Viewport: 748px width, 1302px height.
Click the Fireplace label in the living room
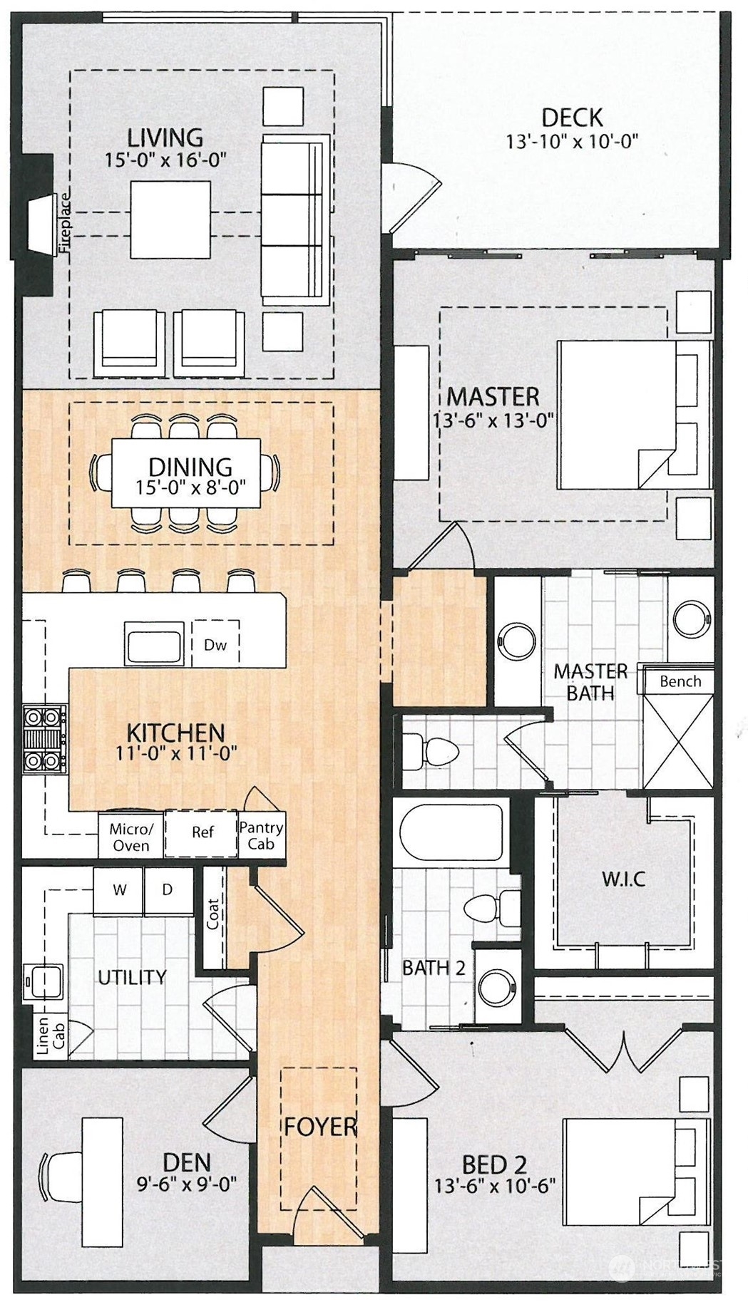(x=65, y=224)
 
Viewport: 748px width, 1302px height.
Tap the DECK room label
(x=572, y=118)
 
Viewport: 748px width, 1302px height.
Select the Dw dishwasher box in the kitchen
(x=215, y=644)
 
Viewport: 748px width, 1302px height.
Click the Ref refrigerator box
(x=202, y=832)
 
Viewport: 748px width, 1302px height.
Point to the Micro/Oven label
(x=131, y=837)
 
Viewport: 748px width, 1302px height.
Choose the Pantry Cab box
(x=261, y=835)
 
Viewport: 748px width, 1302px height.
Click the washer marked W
(x=119, y=890)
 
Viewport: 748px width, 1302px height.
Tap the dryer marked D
(x=168, y=890)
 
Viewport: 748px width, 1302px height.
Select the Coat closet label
(x=212, y=914)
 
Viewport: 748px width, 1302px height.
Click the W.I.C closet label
(x=624, y=879)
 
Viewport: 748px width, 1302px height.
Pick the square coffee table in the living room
(x=170, y=219)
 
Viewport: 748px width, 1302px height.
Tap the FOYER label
(x=320, y=1127)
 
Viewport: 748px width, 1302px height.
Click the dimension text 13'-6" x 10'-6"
(x=495, y=1186)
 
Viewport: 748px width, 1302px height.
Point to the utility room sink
(x=44, y=982)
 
